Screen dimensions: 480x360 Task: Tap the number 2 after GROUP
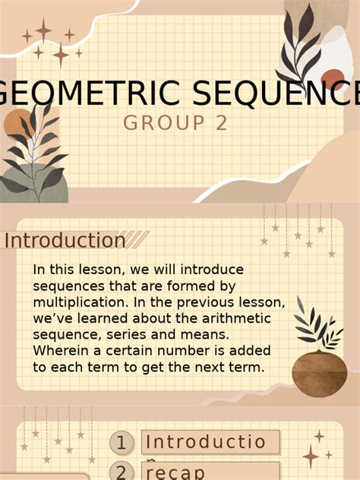(221, 123)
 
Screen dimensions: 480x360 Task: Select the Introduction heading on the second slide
(65, 241)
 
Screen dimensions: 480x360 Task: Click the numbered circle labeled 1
(121, 442)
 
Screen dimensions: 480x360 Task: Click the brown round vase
(319, 373)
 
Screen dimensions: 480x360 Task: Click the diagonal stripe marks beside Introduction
(137, 240)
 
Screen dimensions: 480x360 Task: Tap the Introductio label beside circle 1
(207, 442)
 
